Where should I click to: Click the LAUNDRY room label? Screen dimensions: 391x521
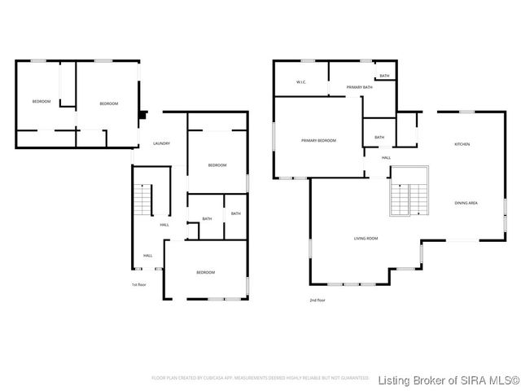[x=161, y=144]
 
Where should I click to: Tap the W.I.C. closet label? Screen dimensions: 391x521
[x=301, y=82]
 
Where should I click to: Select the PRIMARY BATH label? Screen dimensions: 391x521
[x=359, y=87]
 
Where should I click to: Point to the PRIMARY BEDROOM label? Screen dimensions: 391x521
[x=318, y=141]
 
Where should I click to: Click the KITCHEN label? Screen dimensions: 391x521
[x=462, y=144]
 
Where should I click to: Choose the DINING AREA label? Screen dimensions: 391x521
[x=466, y=202]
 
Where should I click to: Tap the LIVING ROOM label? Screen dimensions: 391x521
[x=366, y=239]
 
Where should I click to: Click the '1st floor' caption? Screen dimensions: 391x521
[x=140, y=284]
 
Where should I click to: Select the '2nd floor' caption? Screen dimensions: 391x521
[x=317, y=300]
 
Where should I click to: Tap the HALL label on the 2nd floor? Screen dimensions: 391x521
[x=386, y=157]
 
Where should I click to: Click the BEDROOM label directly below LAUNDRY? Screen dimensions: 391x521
[x=217, y=165]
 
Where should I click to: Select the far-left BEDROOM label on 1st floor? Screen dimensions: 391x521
[x=41, y=102]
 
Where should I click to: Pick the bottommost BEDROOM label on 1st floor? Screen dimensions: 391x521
[x=205, y=272]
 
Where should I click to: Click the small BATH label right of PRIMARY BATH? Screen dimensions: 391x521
[x=383, y=76]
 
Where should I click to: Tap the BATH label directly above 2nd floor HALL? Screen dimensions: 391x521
[x=379, y=137]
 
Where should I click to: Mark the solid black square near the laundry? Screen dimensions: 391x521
[x=143, y=115]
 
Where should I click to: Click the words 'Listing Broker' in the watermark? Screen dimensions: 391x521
[x=416, y=380]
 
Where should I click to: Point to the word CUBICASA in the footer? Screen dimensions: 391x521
[x=214, y=378]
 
